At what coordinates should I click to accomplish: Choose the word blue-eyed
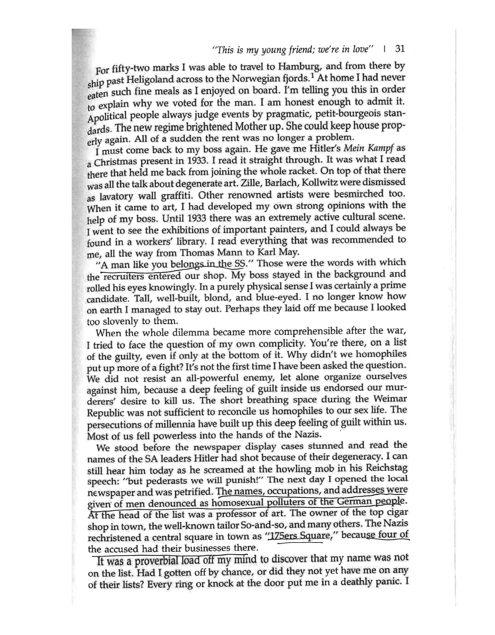(x=279, y=297)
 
